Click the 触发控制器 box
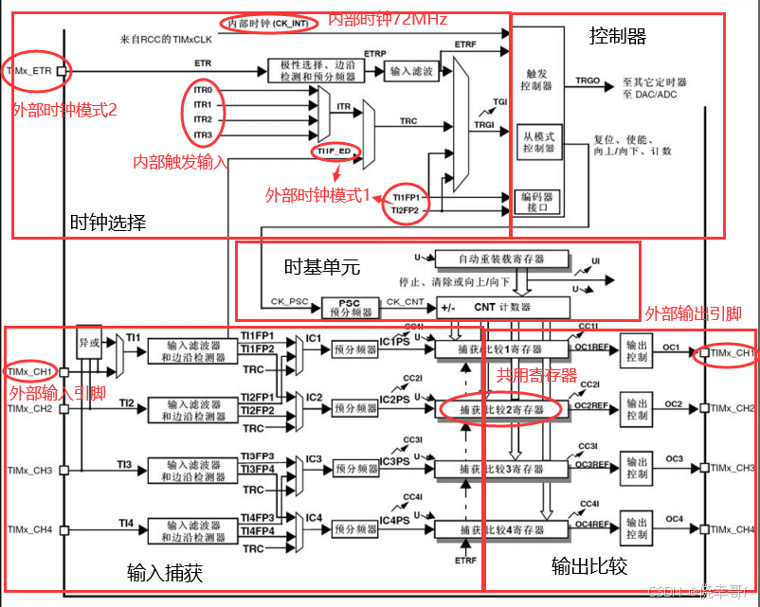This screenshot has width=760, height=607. [536, 80]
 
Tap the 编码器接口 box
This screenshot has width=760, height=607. [536, 201]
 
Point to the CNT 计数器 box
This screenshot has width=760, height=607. [502, 307]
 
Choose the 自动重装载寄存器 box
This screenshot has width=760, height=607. [501, 259]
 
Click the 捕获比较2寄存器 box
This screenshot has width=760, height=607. [501, 408]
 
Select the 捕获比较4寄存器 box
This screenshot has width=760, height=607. [501, 528]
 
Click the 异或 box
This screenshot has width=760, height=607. [88, 340]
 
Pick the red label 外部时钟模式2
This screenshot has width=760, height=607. [64, 110]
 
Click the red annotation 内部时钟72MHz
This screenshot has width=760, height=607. [387, 19]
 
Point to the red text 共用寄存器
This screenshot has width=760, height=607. [537, 375]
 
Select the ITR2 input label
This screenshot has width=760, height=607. [203, 119]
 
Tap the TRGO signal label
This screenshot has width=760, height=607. [588, 81]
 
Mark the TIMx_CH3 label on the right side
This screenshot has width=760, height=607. [733, 469]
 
